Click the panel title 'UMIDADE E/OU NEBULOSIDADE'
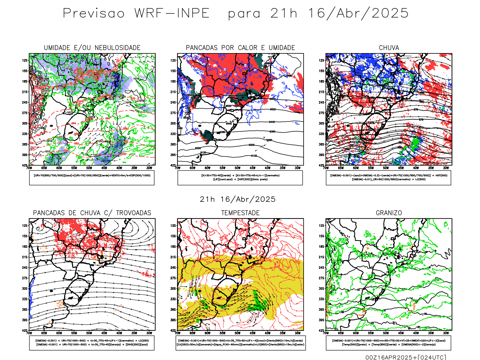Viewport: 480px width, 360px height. click(x=92, y=48)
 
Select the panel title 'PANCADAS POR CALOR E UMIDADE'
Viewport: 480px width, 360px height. click(x=240, y=48)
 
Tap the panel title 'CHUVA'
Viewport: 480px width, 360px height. click(x=389, y=48)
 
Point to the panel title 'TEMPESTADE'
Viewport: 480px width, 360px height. click(x=240, y=213)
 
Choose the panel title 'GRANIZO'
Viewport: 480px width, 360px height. click(x=389, y=213)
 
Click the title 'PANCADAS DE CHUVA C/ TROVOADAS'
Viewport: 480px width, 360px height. click(x=92, y=213)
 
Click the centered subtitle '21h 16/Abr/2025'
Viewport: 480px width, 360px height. click(x=238, y=199)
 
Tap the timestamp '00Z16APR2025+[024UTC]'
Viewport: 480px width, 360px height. click(x=406, y=357)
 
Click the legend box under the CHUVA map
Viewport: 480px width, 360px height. click(x=388, y=178)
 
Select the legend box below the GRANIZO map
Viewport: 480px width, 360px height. click(x=388, y=343)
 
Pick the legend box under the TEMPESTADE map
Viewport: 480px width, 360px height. click(x=240, y=343)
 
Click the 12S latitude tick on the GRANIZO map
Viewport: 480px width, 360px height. click(x=322, y=226)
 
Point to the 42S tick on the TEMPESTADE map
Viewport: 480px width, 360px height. click(x=173, y=331)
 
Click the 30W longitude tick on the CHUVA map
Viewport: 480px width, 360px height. click(x=446, y=168)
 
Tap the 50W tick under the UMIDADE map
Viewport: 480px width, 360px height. click(x=89, y=168)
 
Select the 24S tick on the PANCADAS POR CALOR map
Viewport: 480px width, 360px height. click(x=173, y=102)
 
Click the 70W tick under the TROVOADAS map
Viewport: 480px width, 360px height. click(x=29, y=333)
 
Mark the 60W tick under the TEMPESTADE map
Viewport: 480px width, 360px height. click(x=207, y=333)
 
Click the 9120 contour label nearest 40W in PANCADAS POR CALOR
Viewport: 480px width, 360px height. click(x=254, y=156)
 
